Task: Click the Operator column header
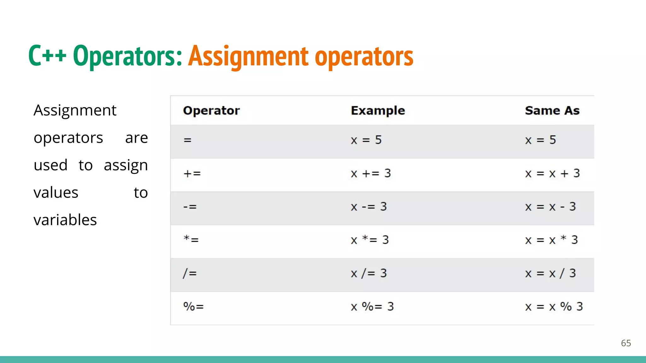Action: coord(211,111)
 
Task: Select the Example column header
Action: coord(378,111)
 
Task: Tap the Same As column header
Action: coord(552,111)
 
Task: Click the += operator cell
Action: coord(192,174)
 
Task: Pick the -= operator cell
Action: coord(190,207)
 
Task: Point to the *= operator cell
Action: coord(191,240)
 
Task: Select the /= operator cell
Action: coord(190,273)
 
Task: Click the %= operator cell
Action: coord(193,306)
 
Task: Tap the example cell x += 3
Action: coord(371,174)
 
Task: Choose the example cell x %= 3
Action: coord(372,306)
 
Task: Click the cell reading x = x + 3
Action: coord(552,174)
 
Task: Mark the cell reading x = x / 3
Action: coord(550,273)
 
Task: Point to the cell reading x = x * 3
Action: coord(551,240)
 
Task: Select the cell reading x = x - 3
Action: coord(550,207)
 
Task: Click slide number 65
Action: coord(626,343)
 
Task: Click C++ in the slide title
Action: coord(47,56)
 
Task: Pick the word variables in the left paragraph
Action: coord(65,220)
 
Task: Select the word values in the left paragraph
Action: coord(56,193)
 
